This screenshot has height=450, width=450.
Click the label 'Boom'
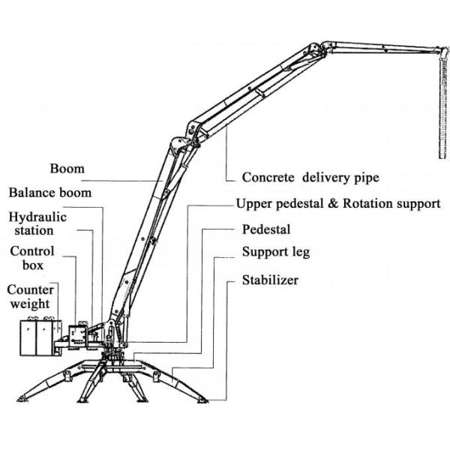click(x=67, y=168)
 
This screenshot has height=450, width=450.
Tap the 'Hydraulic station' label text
click(x=34, y=224)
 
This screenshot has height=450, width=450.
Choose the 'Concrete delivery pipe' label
click(x=310, y=178)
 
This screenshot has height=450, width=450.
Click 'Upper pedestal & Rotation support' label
click(x=337, y=203)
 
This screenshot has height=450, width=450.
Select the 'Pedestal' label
click(x=265, y=229)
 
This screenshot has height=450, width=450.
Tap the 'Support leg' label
click(x=275, y=253)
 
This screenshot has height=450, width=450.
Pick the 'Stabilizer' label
click(x=270, y=280)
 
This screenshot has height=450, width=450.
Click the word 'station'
click(x=34, y=231)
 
